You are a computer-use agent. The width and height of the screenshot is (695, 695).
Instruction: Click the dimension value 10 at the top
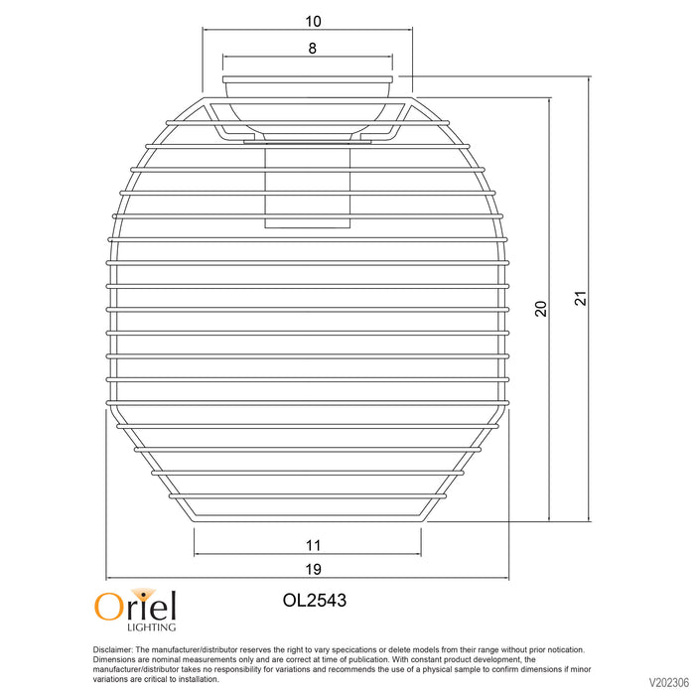tap(313, 21)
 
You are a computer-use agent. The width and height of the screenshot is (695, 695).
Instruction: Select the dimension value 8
tap(313, 48)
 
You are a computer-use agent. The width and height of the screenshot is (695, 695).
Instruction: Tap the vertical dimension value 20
tap(541, 309)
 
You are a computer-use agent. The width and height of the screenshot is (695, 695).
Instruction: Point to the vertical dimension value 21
tap(581, 298)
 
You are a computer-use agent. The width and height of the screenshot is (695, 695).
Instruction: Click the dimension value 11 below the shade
tap(313, 545)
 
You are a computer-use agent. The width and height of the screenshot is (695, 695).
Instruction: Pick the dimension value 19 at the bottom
tap(313, 569)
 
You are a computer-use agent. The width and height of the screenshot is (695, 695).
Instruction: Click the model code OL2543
tap(315, 600)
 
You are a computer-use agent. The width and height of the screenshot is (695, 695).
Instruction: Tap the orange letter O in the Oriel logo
tap(107, 607)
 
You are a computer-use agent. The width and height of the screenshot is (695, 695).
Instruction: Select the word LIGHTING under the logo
tap(151, 627)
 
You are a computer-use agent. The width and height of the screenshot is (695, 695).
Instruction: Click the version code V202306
tap(669, 681)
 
